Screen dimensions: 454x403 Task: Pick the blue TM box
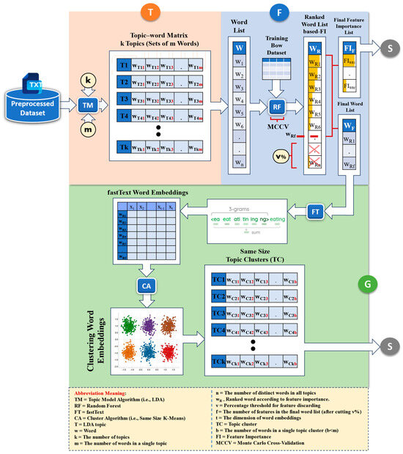pos(87,107)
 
